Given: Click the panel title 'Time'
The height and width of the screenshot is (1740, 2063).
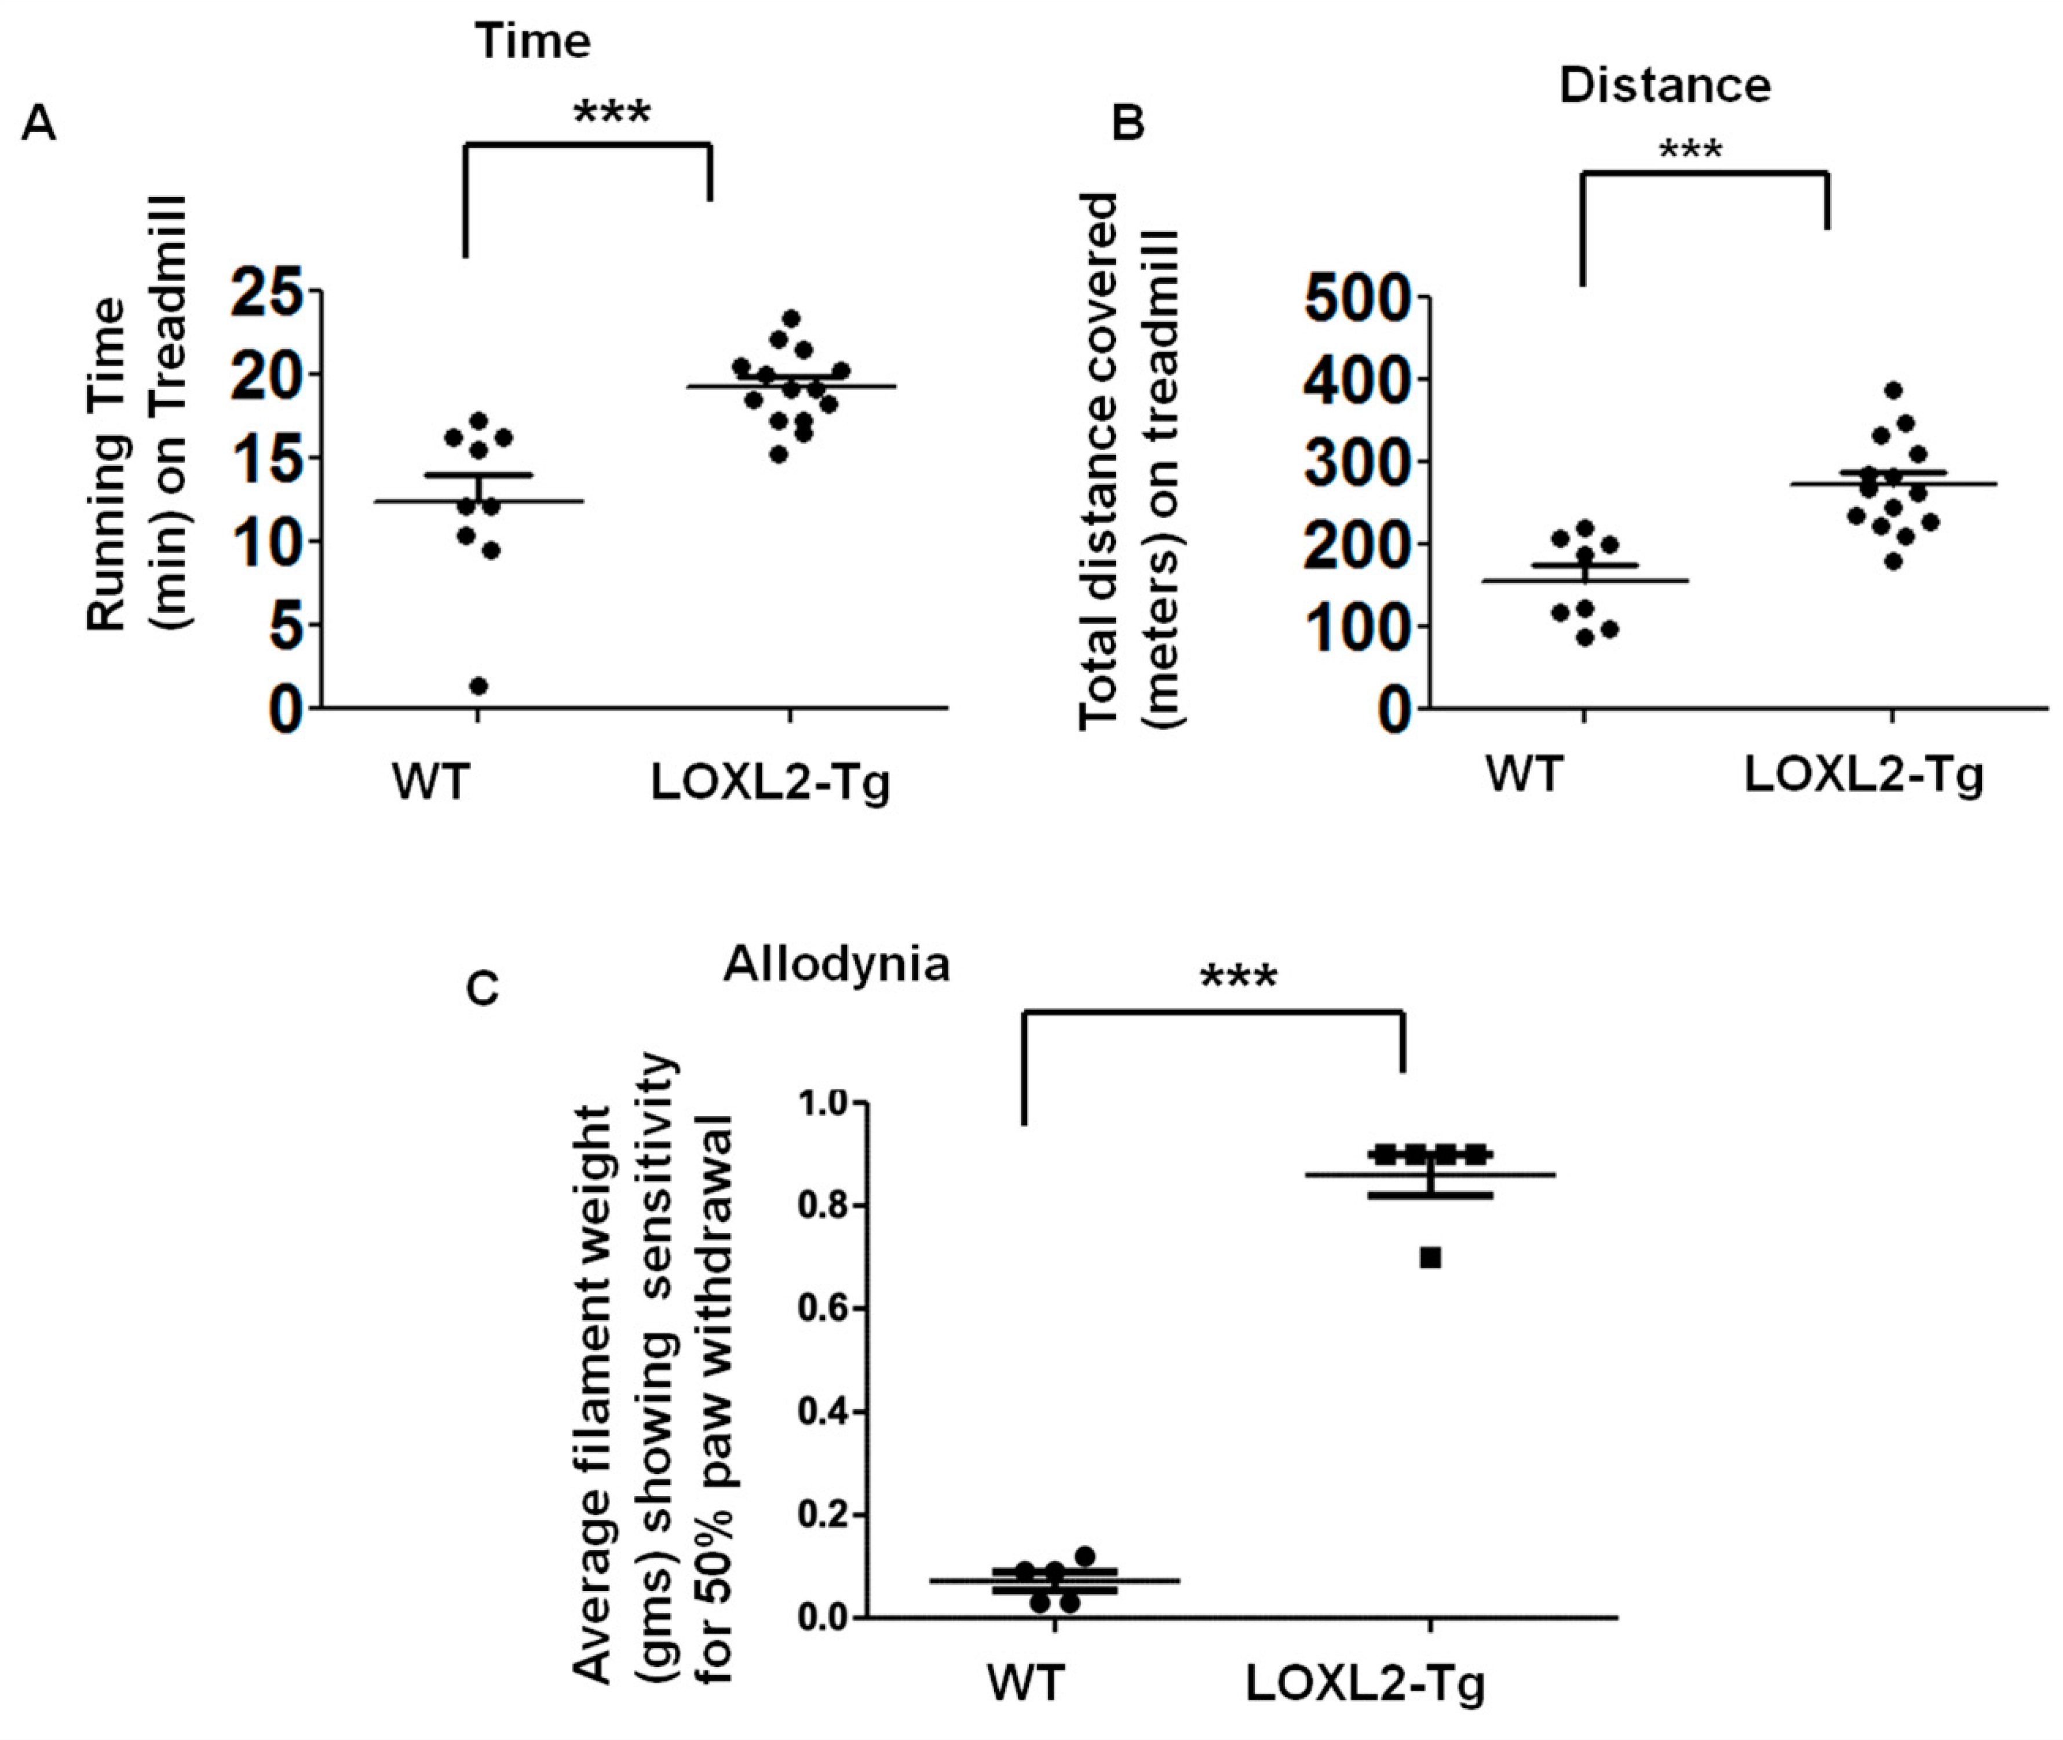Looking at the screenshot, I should click(x=534, y=42).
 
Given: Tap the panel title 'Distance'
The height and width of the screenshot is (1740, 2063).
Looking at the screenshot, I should click(x=1664, y=86).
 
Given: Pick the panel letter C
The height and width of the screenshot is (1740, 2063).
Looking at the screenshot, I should click(x=482, y=988).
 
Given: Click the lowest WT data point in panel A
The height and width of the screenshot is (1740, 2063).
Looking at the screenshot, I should click(x=479, y=685).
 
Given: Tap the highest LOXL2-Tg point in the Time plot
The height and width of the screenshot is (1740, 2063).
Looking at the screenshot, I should click(x=790, y=318).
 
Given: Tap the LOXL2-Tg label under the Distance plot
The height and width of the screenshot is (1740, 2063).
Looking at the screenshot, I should click(x=1863, y=776).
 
